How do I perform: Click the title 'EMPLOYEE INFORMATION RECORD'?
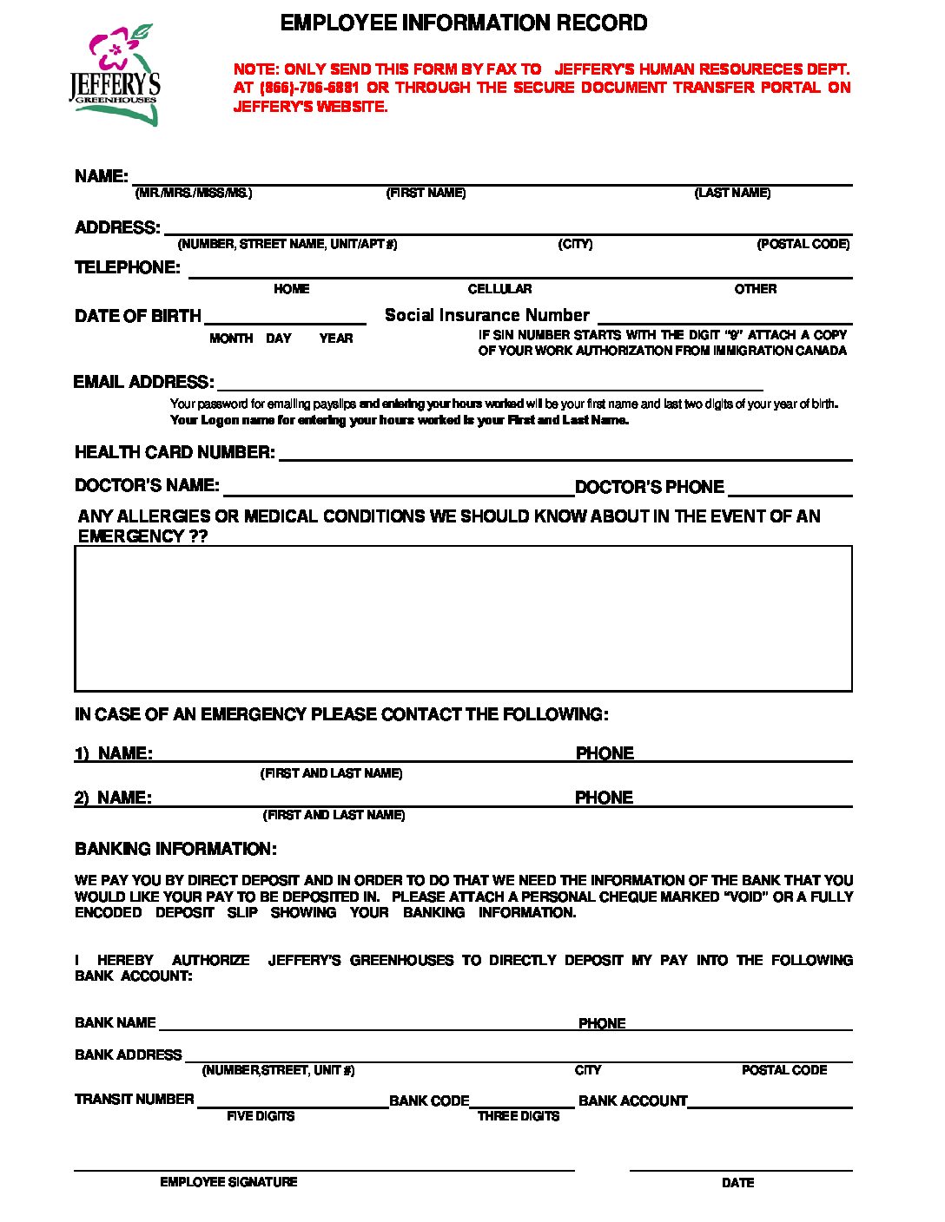coord(464,23)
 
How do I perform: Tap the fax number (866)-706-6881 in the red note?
coord(308,88)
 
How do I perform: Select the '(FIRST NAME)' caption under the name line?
coord(426,193)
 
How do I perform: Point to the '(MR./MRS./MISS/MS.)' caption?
coord(194,193)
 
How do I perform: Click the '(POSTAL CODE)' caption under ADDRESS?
coord(803,244)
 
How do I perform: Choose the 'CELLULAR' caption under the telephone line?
coord(499,289)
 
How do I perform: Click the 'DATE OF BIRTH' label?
coord(137,316)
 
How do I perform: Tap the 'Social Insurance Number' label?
coord(486,315)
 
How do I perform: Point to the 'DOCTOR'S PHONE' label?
coord(649,487)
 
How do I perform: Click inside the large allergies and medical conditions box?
coord(463,618)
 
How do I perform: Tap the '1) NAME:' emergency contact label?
coord(113,753)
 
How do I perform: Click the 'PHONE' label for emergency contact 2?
coord(604,798)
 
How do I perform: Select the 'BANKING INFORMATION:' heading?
coord(175,849)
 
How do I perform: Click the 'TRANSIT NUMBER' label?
coord(134,1099)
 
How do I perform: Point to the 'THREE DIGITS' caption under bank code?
coord(518,1116)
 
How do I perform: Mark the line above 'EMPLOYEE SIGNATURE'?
coord(324,1169)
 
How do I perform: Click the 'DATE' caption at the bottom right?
coord(737,1182)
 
